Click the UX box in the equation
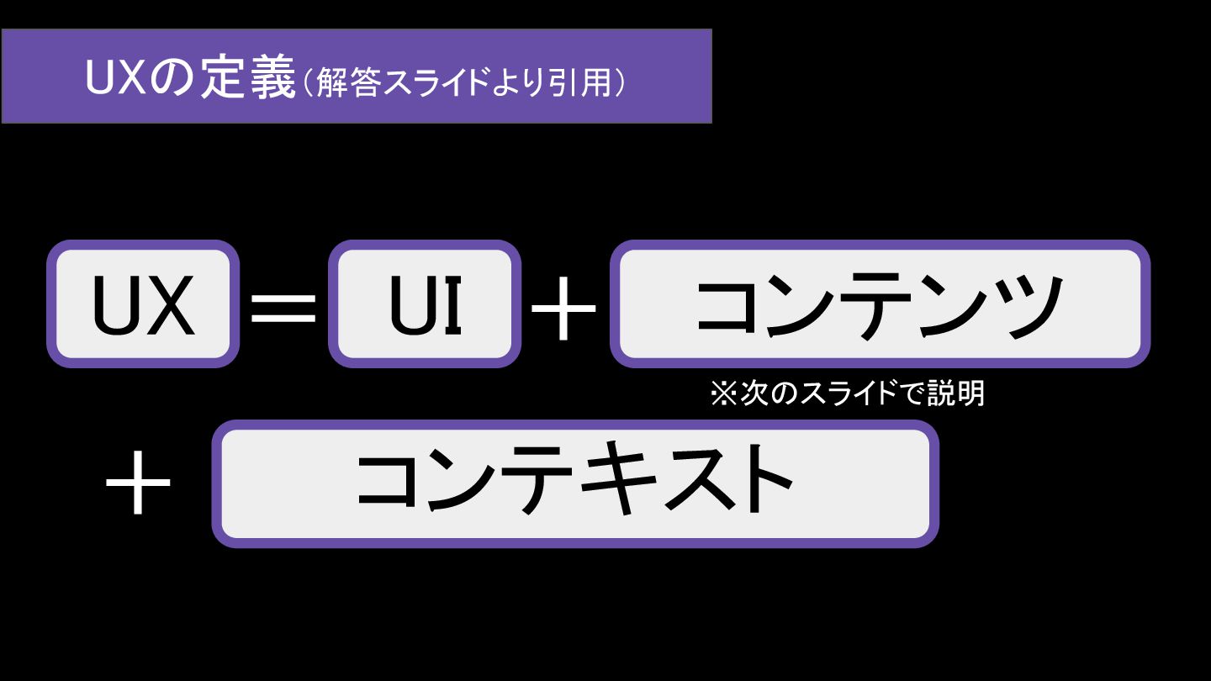pos(143,304)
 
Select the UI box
pos(424,304)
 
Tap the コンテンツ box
pos(879,304)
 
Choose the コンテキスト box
pos(574,483)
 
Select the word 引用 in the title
pos(585,82)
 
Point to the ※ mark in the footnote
pos(723,393)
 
